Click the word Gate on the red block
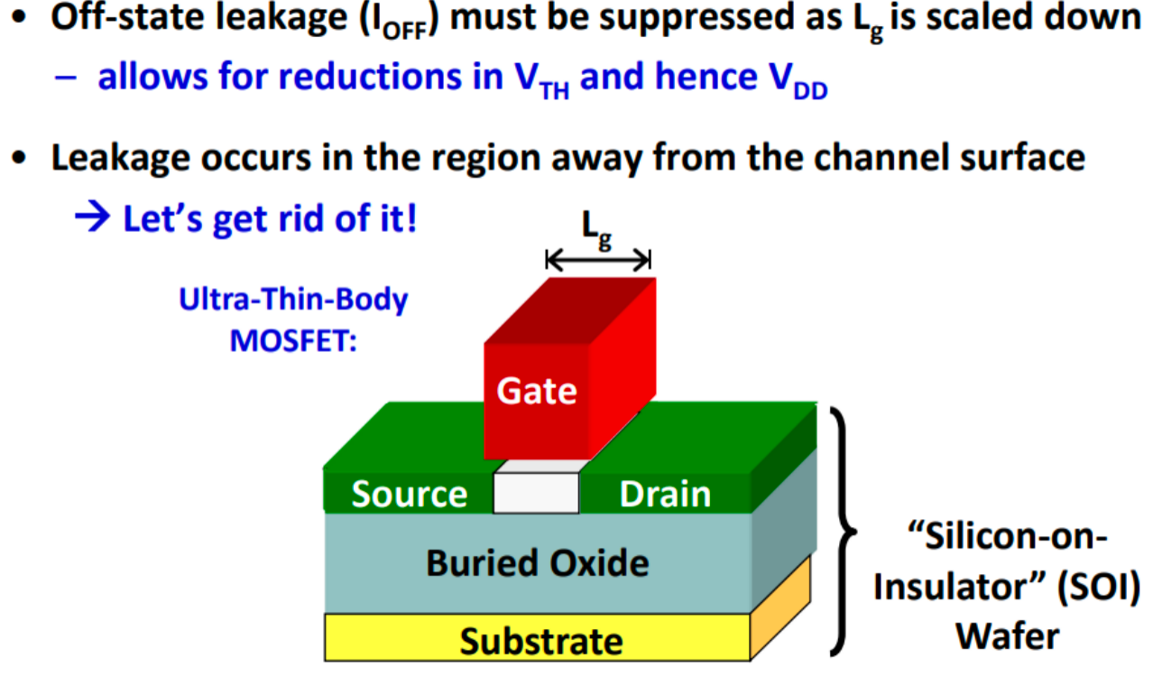537,391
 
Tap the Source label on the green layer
410,494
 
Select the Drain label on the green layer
665,494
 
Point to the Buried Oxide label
538,563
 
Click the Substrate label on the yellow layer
541,642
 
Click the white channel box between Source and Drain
536,493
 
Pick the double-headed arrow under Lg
598,259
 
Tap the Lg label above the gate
596,230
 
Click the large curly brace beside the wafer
842,532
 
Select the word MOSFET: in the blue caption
293,341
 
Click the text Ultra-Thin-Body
293,300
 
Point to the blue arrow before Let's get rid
92,217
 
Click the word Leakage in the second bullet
120,158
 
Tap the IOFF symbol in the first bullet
399,22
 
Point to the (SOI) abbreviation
1098,588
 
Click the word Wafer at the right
1008,636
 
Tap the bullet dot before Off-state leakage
19,18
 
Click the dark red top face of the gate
570,311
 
